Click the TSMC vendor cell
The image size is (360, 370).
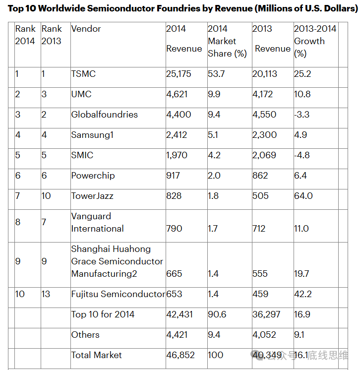coord(83,74)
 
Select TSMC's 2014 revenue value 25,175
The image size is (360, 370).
coord(179,74)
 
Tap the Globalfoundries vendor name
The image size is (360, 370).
coord(104,115)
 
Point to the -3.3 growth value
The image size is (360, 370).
coord(302,115)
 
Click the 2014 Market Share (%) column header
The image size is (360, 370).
coord(227,41)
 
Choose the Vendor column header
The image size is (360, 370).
coord(86,29)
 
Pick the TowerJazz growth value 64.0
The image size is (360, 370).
coord(303,196)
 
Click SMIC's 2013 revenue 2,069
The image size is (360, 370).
coord(264,155)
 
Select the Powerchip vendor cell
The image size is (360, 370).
coord(92,176)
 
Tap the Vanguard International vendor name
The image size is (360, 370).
coord(97,222)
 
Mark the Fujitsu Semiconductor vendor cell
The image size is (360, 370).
coord(118,294)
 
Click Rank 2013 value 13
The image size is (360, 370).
coord(47,294)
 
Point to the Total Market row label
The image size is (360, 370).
coord(96,355)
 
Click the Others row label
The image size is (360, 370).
coord(85,335)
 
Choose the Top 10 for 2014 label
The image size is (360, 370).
coord(103,314)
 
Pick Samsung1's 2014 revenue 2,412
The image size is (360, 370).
coord(177,135)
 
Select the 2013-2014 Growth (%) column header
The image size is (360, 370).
coord(315,41)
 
